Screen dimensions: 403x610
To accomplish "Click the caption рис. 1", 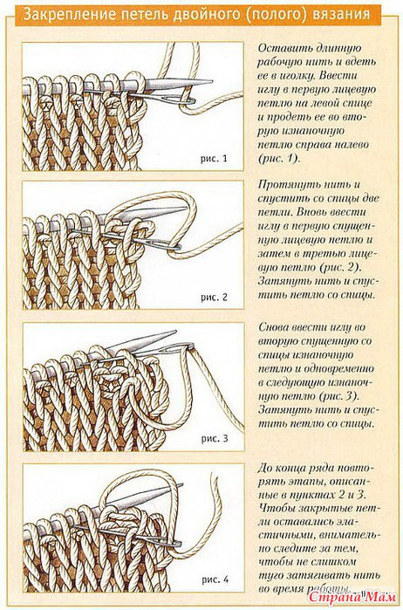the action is click(x=214, y=159).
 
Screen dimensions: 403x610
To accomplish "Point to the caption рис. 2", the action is click(x=214, y=298).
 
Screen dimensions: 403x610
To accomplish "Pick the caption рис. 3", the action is click(x=215, y=439).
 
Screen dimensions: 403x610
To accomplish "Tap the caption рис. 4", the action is click(x=215, y=579).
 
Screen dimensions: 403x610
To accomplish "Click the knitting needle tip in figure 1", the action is click(x=212, y=82).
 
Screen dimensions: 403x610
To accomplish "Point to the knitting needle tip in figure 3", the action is click(x=176, y=332).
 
